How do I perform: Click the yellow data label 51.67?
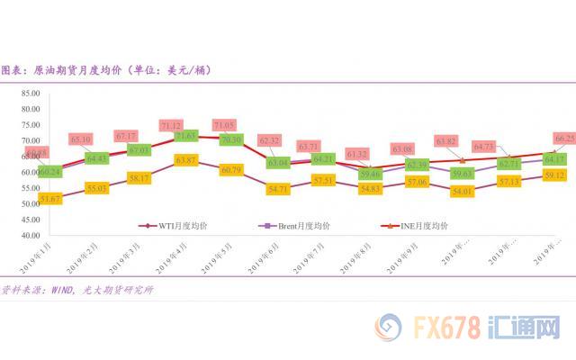49,198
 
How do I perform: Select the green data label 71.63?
185,136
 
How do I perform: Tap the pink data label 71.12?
170,125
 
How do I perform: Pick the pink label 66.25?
565,139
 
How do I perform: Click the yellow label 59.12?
554,176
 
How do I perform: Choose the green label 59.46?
370,174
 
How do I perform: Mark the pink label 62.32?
268,141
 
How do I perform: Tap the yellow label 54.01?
461,192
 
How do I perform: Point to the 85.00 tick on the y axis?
29,93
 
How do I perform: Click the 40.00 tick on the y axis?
29,236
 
